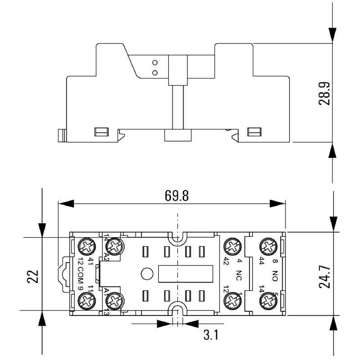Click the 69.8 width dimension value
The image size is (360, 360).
click(x=177, y=196)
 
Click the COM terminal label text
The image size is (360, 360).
click(x=81, y=274)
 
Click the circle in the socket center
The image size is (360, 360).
click(x=146, y=273)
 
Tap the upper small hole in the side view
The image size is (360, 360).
click(x=155, y=62)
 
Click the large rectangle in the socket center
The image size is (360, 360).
click(x=184, y=273)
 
